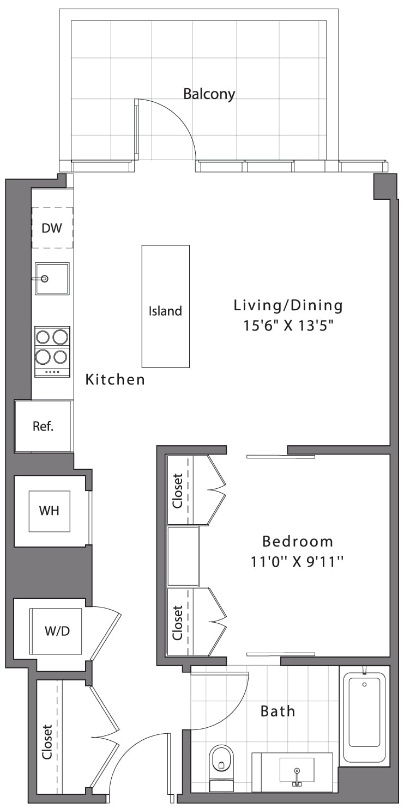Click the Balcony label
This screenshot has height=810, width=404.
[209, 94]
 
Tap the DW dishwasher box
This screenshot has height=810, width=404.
[52, 228]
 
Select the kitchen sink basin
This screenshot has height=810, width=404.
[52, 279]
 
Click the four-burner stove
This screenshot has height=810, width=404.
[52, 352]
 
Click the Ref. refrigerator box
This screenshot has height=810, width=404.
[44, 426]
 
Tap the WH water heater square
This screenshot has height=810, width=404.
[49, 511]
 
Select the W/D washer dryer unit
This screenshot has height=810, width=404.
[56, 631]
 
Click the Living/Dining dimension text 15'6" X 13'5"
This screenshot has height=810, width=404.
[288, 326]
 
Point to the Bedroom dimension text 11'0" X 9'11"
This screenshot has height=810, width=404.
[297, 562]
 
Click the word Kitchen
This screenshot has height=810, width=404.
[115, 379]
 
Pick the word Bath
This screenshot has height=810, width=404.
[278, 711]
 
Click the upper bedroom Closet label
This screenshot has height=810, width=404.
[178, 490]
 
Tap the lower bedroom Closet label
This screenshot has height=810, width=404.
[178, 623]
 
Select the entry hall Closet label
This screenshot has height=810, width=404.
[47, 742]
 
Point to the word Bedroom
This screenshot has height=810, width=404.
[298, 541]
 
